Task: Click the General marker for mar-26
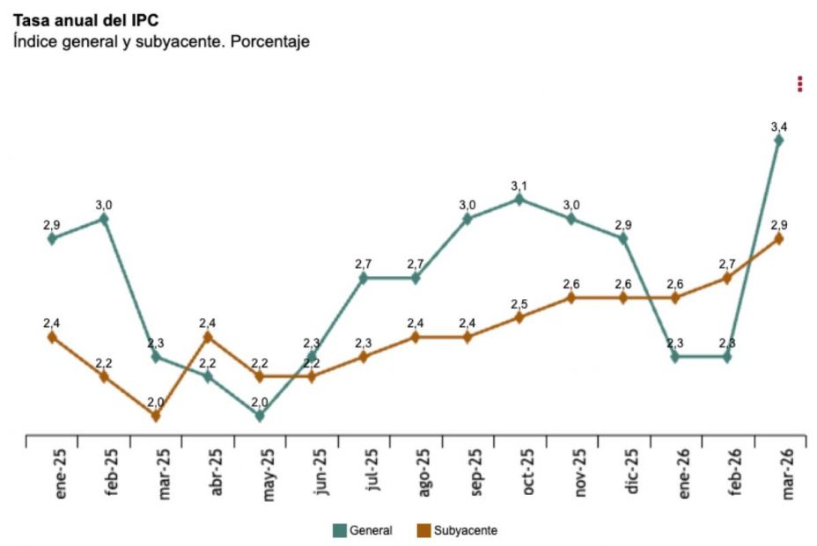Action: [778, 140]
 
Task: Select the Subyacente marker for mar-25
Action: [156, 416]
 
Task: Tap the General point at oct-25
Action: [519, 200]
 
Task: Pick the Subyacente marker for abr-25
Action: [208, 337]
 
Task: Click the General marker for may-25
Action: [260, 416]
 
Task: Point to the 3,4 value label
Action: [778, 127]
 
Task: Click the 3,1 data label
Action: [519, 186]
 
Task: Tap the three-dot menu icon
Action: [799, 84]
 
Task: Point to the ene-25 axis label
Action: [61, 476]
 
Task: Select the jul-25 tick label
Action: [372, 476]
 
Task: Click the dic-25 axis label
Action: [631, 476]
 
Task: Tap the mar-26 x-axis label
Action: [787, 476]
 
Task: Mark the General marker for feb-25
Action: [104, 219]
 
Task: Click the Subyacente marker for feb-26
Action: [727, 278]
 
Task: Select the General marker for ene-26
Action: [675, 357]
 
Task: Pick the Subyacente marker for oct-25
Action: [519, 317]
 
